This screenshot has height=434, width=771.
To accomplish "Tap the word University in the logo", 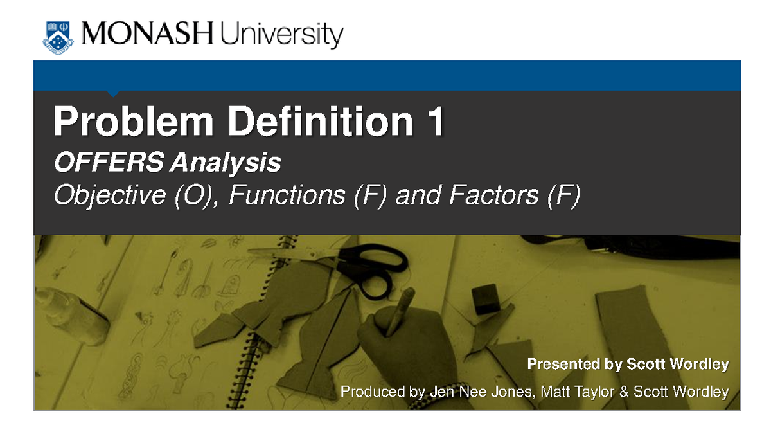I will click(x=281, y=37).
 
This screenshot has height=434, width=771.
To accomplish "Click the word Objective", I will click(x=109, y=195).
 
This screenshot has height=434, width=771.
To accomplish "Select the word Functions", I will click(x=287, y=195).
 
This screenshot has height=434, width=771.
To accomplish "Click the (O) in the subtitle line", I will click(x=194, y=195).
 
